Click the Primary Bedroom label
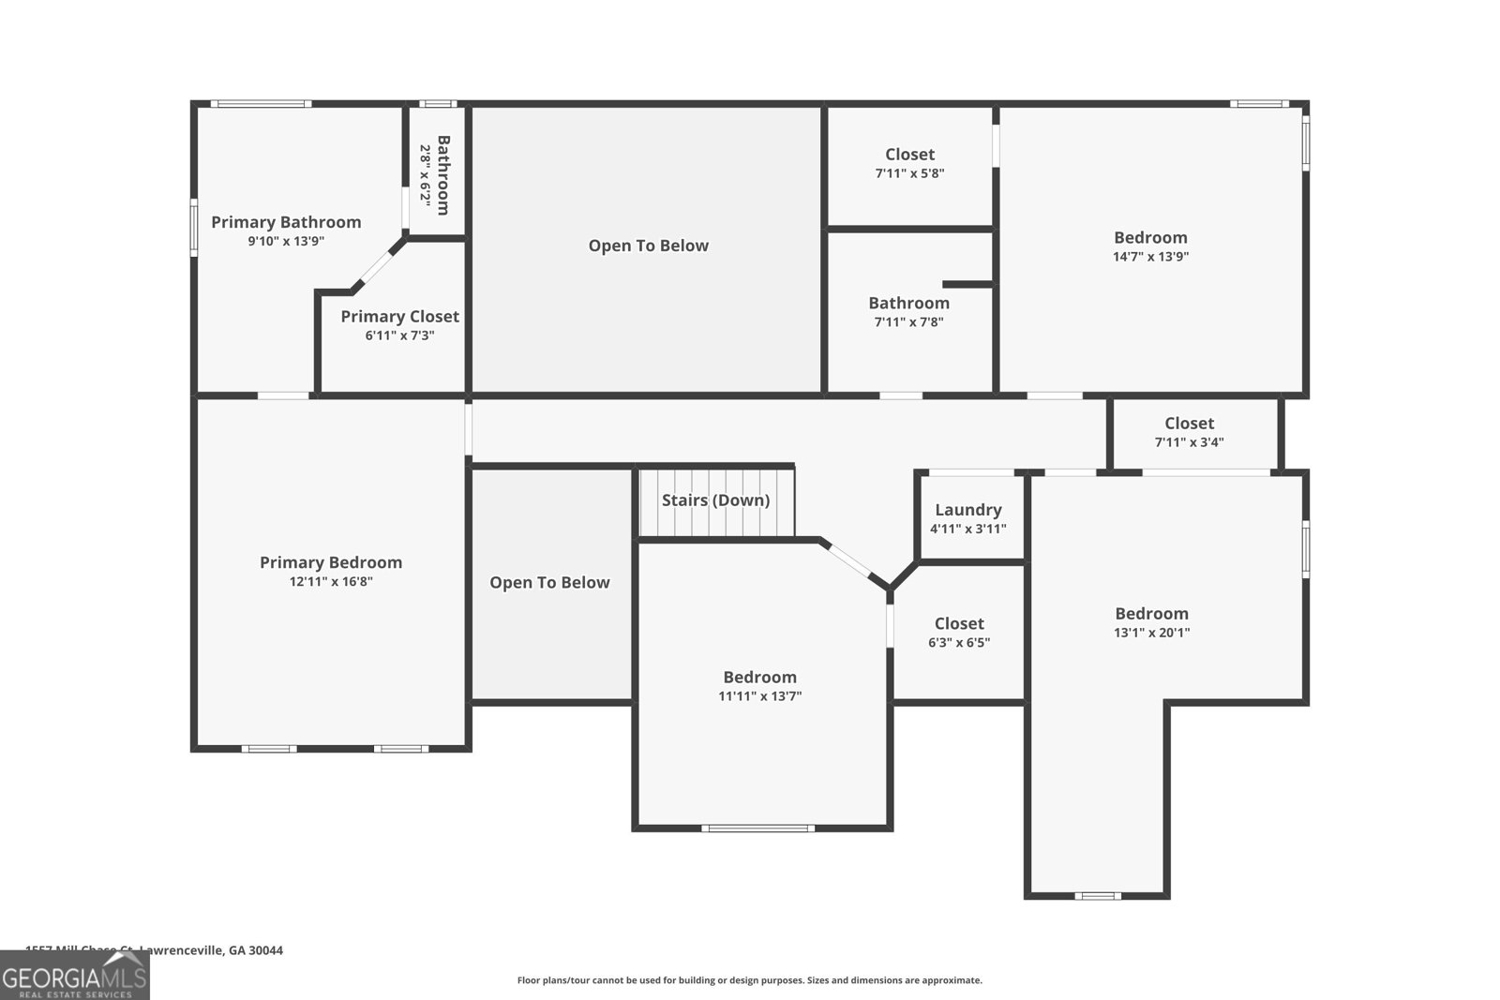(x=330, y=562)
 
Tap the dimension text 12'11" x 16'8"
(x=330, y=582)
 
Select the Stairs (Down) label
(x=715, y=500)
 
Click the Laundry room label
(x=967, y=510)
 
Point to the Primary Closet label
(x=399, y=317)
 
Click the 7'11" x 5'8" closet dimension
(x=909, y=173)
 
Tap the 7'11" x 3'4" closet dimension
(x=1189, y=442)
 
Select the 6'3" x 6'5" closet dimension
(x=958, y=643)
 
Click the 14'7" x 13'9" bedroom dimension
(x=1150, y=257)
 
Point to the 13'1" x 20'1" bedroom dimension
(x=1151, y=633)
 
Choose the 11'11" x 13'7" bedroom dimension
(x=759, y=696)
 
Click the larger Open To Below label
(x=648, y=246)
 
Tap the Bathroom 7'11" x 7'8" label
(x=908, y=304)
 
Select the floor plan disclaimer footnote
(x=749, y=980)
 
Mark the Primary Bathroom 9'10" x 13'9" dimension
(x=285, y=242)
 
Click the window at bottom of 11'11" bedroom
(x=757, y=828)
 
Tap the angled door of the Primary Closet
(x=378, y=265)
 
